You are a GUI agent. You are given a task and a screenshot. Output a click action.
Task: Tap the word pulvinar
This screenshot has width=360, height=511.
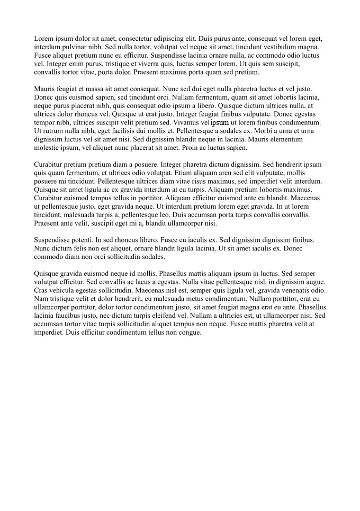(x=76, y=47)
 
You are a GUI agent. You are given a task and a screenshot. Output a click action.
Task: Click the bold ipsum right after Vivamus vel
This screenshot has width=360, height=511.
(x=220, y=122)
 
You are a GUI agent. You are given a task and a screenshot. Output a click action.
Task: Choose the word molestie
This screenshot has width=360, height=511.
(x=48, y=148)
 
